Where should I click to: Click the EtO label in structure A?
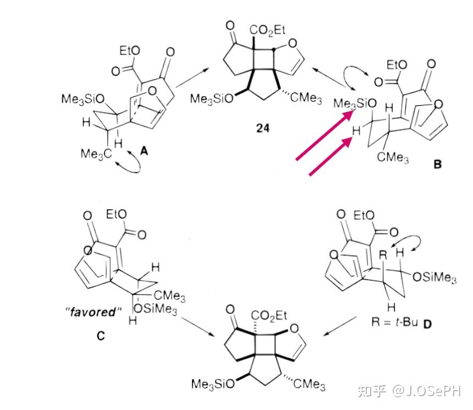(129, 51)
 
